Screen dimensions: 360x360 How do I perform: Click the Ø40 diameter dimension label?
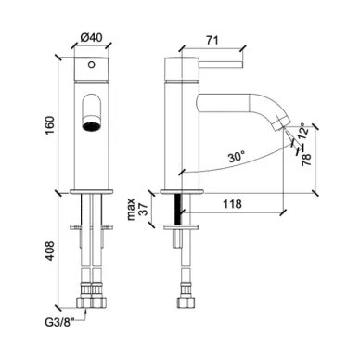(x=91, y=38)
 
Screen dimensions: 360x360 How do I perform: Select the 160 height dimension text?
(x=50, y=125)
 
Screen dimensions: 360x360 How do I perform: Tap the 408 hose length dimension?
(x=49, y=251)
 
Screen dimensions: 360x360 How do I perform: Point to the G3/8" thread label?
(x=60, y=323)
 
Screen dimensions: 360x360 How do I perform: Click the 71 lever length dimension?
(x=212, y=40)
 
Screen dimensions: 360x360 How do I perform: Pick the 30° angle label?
(x=237, y=157)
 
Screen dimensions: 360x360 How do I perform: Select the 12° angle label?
(x=303, y=131)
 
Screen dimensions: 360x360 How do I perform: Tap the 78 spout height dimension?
(x=306, y=160)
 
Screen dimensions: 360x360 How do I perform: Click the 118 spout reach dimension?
(x=232, y=204)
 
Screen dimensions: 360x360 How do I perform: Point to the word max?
(x=131, y=210)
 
